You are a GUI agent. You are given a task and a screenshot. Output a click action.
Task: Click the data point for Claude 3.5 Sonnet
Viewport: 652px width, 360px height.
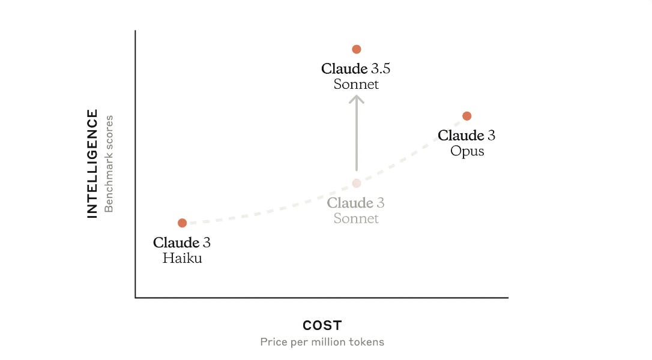click(356, 49)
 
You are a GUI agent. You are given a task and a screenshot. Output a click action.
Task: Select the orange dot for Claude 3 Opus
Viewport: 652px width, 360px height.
click(467, 116)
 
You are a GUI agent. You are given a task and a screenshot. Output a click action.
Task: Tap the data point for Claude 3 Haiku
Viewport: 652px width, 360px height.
click(183, 223)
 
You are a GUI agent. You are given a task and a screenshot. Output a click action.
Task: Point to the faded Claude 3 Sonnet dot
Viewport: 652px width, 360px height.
click(356, 183)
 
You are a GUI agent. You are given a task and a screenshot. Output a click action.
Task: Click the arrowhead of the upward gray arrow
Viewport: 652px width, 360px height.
click(357, 99)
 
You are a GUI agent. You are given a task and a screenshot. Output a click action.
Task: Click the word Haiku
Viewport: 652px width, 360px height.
click(182, 259)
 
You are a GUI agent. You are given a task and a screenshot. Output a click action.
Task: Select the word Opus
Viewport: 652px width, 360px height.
click(467, 151)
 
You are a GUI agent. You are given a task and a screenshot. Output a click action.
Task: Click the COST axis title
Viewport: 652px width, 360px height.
click(322, 326)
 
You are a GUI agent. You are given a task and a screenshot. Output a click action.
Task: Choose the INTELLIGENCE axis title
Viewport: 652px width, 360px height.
click(92, 163)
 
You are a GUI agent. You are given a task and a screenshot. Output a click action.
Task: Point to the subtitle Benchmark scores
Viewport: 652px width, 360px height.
click(109, 164)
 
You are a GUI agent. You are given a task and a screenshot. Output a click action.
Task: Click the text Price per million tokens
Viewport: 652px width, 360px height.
click(322, 342)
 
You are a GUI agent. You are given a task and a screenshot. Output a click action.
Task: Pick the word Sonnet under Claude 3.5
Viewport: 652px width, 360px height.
click(356, 84)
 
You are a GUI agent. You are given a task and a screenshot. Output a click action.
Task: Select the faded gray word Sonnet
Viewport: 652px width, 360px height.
click(356, 218)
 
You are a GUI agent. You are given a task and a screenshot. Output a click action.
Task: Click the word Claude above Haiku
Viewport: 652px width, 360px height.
click(176, 243)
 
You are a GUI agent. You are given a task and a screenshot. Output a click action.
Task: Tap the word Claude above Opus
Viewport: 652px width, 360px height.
click(460, 136)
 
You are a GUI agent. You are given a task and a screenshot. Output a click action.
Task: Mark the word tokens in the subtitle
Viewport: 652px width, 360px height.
click(367, 342)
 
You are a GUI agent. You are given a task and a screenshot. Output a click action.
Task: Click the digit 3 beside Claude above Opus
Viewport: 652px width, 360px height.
click(491, 136)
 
